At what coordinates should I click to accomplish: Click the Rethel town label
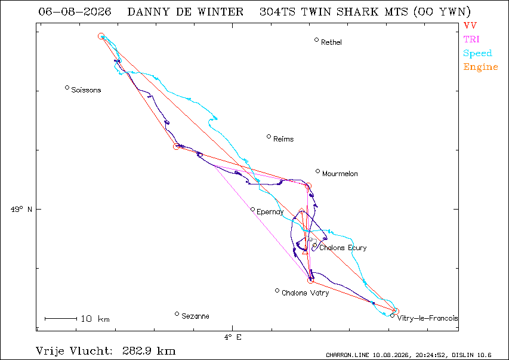tap(331, 42)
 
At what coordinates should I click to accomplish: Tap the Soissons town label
tap(86, 90)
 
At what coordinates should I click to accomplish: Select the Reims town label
tap(283, 139)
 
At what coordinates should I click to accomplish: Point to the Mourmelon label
tap(340, 174)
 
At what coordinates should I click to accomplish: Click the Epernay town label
tap(270, 212)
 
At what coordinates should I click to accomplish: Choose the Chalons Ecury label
tap(343, 248)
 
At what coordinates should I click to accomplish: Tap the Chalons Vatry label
tap(305, 293)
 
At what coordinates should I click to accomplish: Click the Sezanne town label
tap(195, 316)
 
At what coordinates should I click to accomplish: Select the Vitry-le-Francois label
tap(427, 318)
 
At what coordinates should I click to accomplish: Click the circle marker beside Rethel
tap(316, 39)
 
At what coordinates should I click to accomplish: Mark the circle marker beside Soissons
tap(67, 87)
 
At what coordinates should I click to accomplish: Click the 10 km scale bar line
tap(61, 319)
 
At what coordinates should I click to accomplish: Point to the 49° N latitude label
tap(21, 209)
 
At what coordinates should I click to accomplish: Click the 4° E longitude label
tap(233, 337)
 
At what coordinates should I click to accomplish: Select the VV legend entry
tap(470, 25)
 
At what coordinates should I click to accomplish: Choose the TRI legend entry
tap(471, 39)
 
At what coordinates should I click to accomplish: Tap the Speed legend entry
tap(477, 53)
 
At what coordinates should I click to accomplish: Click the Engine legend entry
tap(481, 67)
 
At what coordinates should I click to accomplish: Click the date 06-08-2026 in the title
tap(75, 12)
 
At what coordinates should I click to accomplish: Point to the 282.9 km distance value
tap(149, 351)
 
